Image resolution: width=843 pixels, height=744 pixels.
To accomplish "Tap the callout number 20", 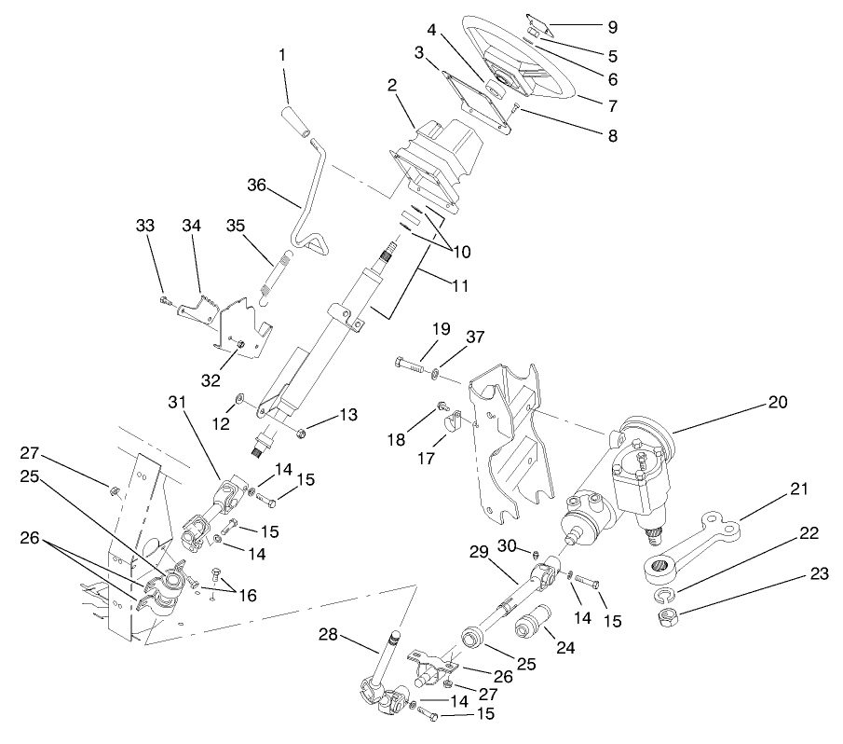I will pos(778,403).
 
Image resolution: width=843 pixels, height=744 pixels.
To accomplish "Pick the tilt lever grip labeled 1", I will pos(294,122).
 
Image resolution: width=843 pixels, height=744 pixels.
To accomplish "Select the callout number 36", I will pos(256,186).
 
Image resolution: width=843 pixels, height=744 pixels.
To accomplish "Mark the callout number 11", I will pos(455,285).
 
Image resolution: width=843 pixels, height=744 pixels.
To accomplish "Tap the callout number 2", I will pos(394,86).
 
